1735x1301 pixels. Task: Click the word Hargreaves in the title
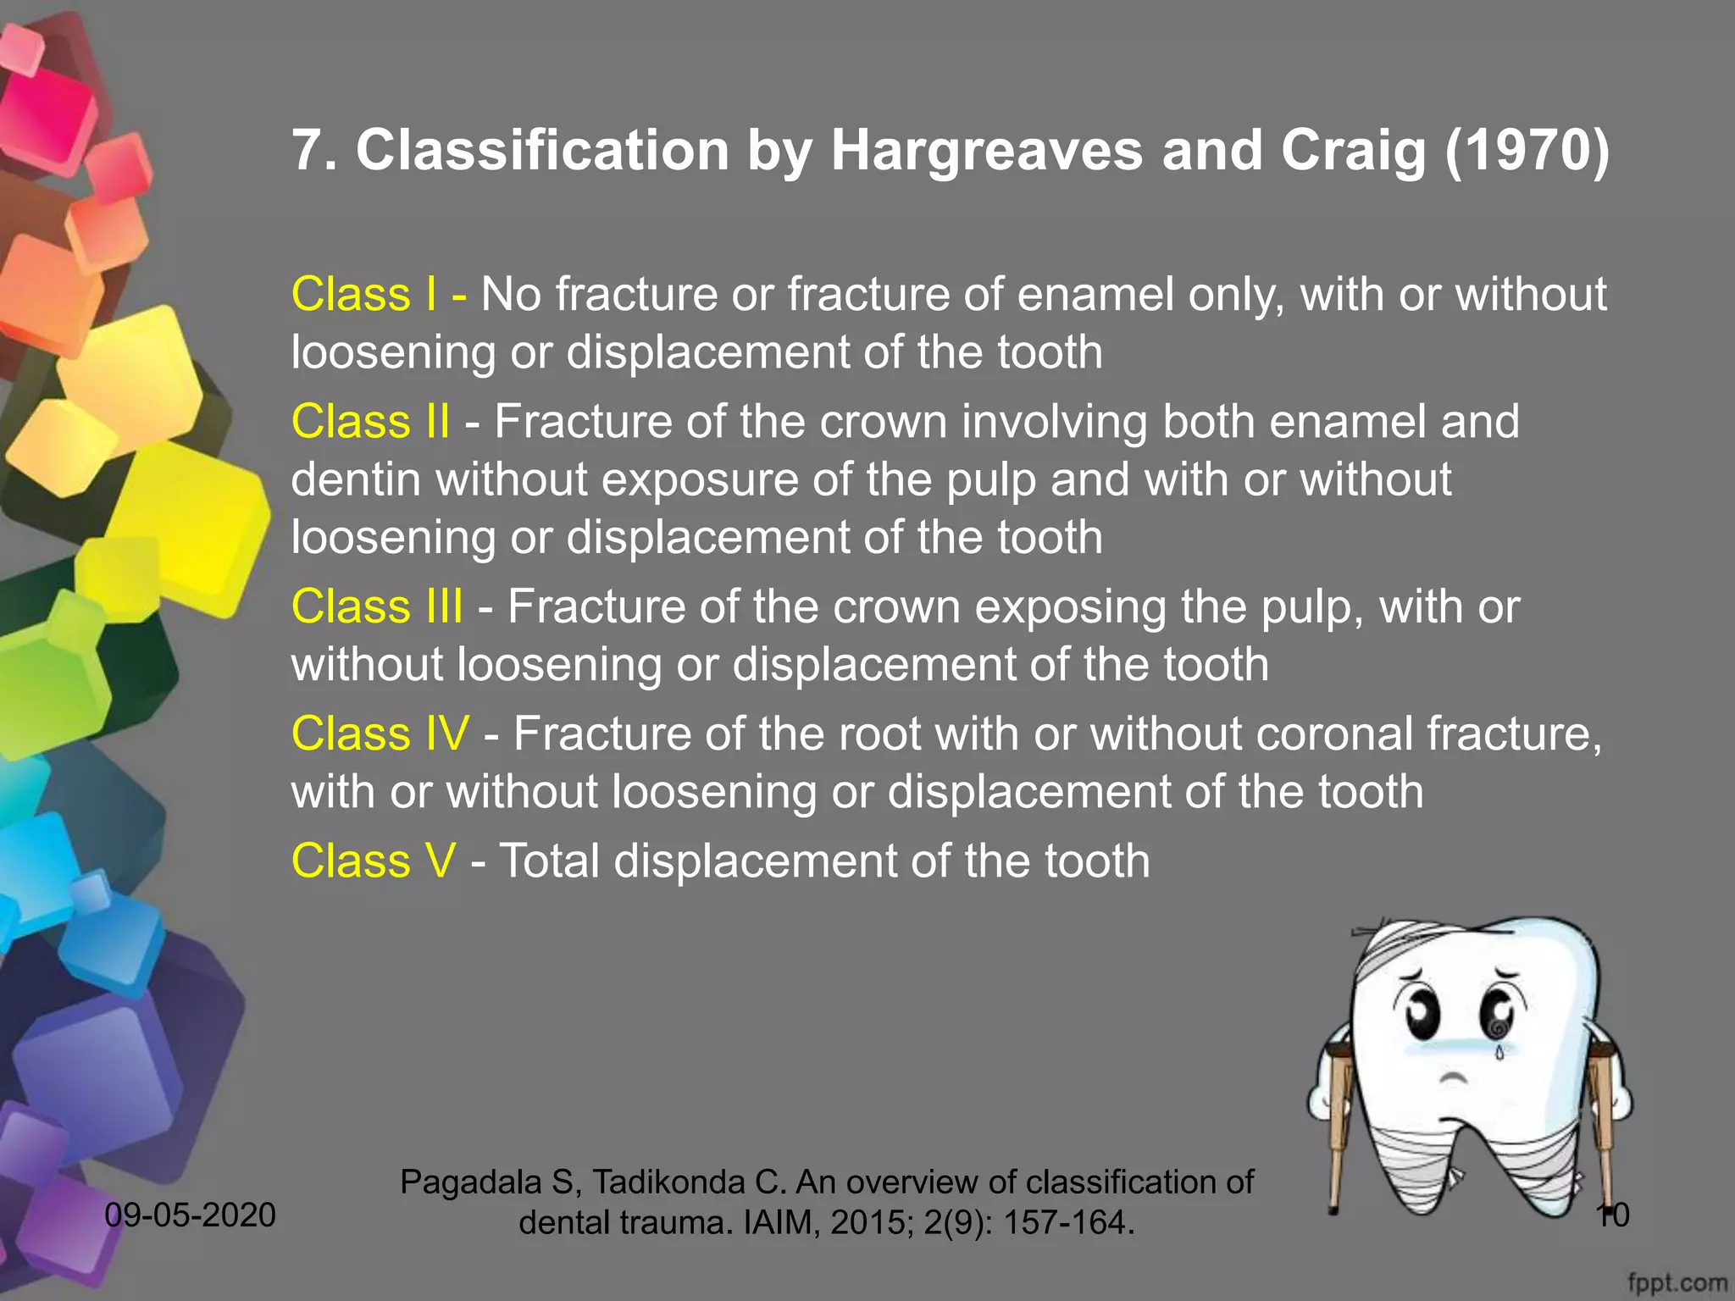click(x=986, y=151)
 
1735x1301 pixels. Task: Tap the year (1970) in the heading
click(x=1527, y=151)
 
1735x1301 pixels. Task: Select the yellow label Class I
click(x=364, y=295)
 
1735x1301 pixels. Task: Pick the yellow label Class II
click(x=370, y=422)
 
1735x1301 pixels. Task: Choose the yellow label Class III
click(x=377, y=607)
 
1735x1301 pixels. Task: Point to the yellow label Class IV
click(x=380, y=734)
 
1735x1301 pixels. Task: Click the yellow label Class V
click(x=374, y=861)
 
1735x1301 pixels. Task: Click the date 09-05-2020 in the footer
click(x=191, y=1215)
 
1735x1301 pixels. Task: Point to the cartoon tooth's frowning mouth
click(x=1454, y=1079)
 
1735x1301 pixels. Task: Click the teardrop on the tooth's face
click(x=1499, y=1052)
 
